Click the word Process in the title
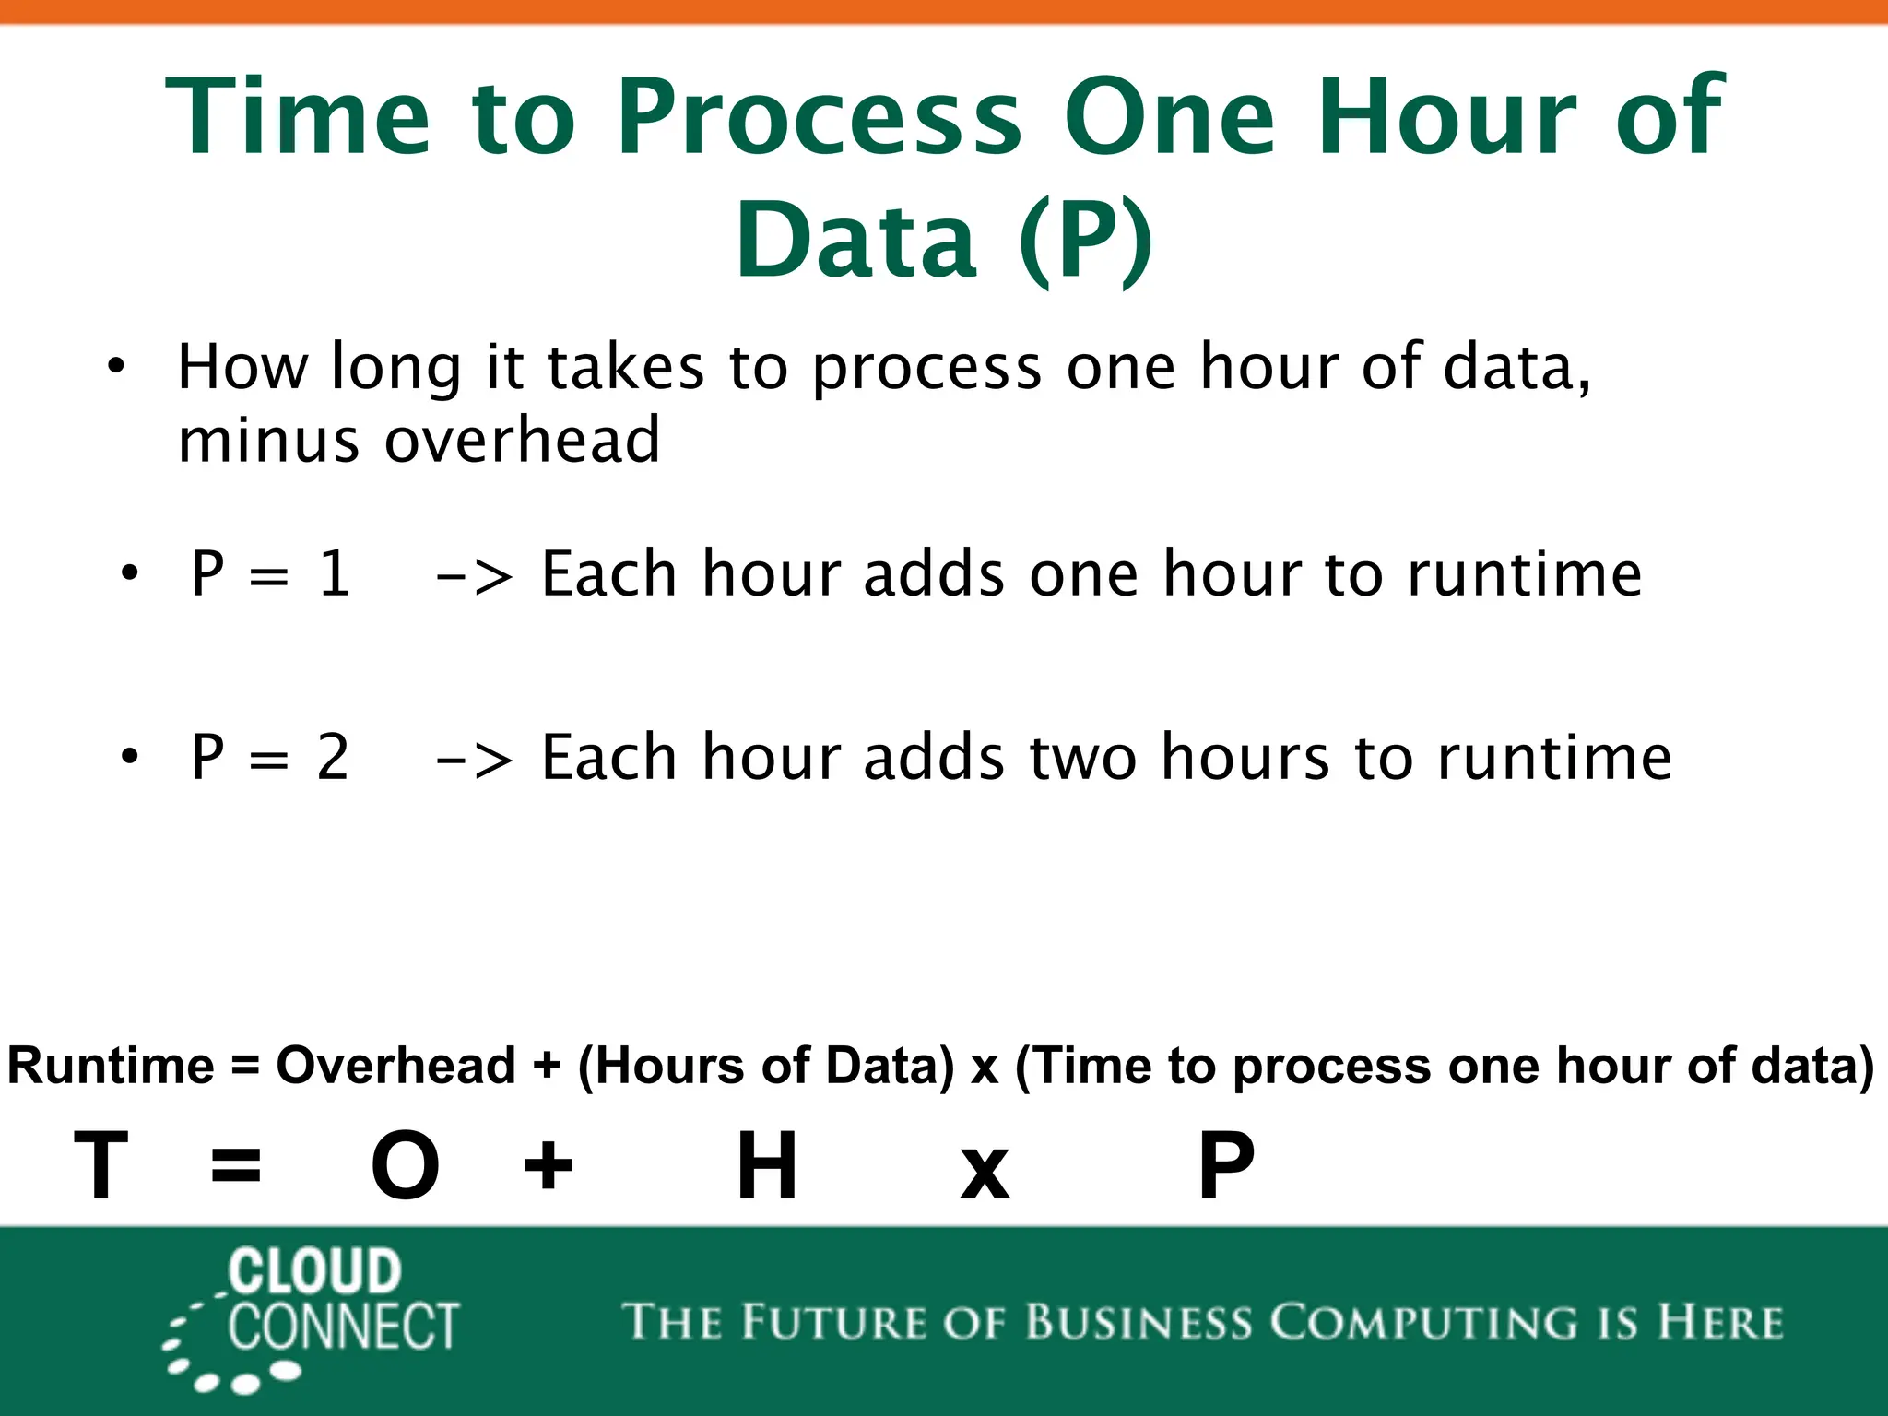(819, 118)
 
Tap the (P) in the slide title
(1086, 240)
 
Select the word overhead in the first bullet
(522, 441)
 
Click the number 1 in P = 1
(334, 573)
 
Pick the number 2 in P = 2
(333, 758)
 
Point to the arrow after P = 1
(474, 577)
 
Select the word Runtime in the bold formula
(111, 1066)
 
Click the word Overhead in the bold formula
(395, 1066)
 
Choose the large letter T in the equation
(101, 1166)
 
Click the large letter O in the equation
(405, 1166)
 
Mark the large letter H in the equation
(767, 1166)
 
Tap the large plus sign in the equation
(548, 1164)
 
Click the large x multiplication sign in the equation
(985, 1173)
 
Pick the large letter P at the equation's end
(1226, 1166)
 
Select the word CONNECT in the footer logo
(343, 1327)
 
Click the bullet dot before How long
(115, 366)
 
